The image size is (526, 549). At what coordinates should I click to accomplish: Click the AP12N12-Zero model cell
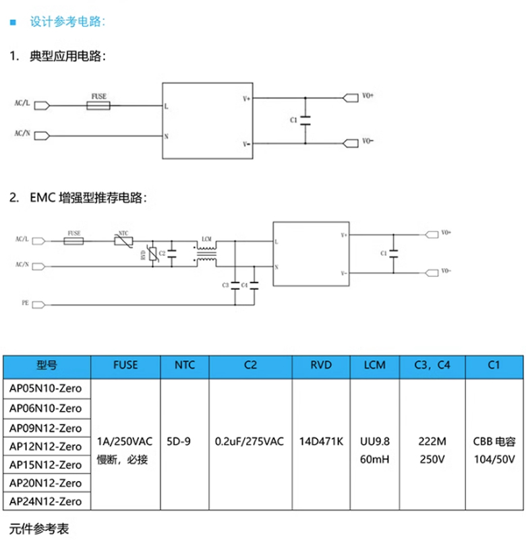click(x=47, y=446)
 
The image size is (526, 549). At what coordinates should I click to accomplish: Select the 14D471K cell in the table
click(x=320, y=442)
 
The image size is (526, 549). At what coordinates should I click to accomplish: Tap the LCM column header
click(x=374, y=365)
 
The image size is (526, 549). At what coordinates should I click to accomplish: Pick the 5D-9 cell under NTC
click(x=183, y=442)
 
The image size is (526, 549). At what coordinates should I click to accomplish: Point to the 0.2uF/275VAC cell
click(x=250, y=442)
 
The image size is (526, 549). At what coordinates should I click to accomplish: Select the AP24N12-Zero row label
click(x=47, y=502)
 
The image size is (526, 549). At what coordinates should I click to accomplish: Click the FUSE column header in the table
click(x=125, y=365)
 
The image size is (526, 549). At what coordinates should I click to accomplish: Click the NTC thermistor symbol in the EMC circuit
click(x=123, y=240)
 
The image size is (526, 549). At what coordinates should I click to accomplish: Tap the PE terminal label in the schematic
click(x=24, y=304)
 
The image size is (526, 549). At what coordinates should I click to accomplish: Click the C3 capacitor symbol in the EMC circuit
click(x=235, y=286)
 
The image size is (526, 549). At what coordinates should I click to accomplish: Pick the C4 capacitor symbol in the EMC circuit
click(x=254, y=286)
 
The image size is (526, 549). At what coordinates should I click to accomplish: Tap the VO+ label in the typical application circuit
click(x=368, y=97)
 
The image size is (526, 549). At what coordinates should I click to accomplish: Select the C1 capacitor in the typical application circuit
click(x=305, y=120)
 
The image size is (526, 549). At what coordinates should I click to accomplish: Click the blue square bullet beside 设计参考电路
click(x=13, y=22)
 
